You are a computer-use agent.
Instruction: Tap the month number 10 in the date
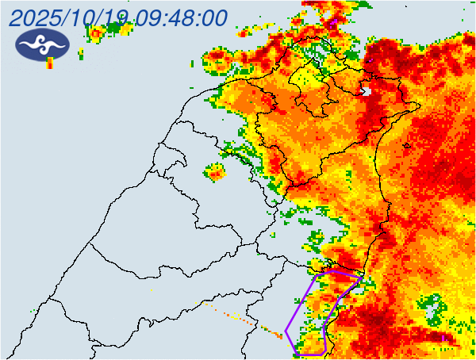(x=86, y=17)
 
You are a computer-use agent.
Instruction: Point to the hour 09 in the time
(x=149, y=17)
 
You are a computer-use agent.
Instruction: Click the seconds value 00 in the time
(x=213, y=17)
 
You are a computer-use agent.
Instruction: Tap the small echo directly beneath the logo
(x=50, y=63)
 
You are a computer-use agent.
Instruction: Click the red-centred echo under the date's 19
(x=96, y=33)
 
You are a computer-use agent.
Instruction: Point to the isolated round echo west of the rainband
(x=215, y=171)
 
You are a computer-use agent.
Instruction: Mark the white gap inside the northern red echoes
(x=366, y=91)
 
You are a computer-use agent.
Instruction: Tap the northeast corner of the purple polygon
(x=363, y=277)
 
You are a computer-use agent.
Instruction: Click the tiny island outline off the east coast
(x=407, y=145)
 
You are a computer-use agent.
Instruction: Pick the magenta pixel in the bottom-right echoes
(x=442, y=336)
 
